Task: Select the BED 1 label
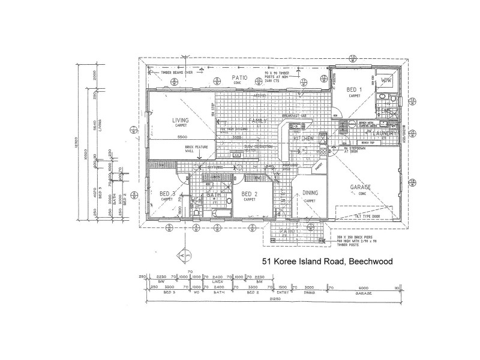pos(353,89)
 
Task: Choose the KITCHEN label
pos(304,139)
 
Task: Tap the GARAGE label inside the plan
pos(361,187)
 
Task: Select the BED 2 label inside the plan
pos(249,194)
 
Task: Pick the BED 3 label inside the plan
pos(167,194)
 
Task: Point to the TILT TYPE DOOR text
pos(367,216)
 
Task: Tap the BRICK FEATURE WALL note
pos(180,149)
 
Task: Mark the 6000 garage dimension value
pos(364,287)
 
